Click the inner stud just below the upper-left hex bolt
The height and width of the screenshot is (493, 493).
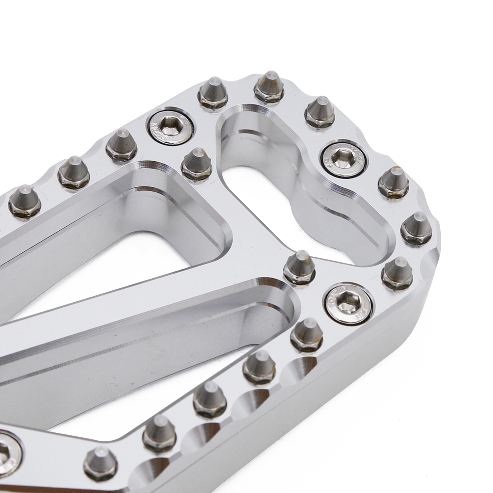[x=197, y=164]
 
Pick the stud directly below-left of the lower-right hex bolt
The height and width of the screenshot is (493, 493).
[x=307, y=333]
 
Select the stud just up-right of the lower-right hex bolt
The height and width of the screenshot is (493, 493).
[x=397, y=272]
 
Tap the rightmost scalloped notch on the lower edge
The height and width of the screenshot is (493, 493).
[x=302, y=365]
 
